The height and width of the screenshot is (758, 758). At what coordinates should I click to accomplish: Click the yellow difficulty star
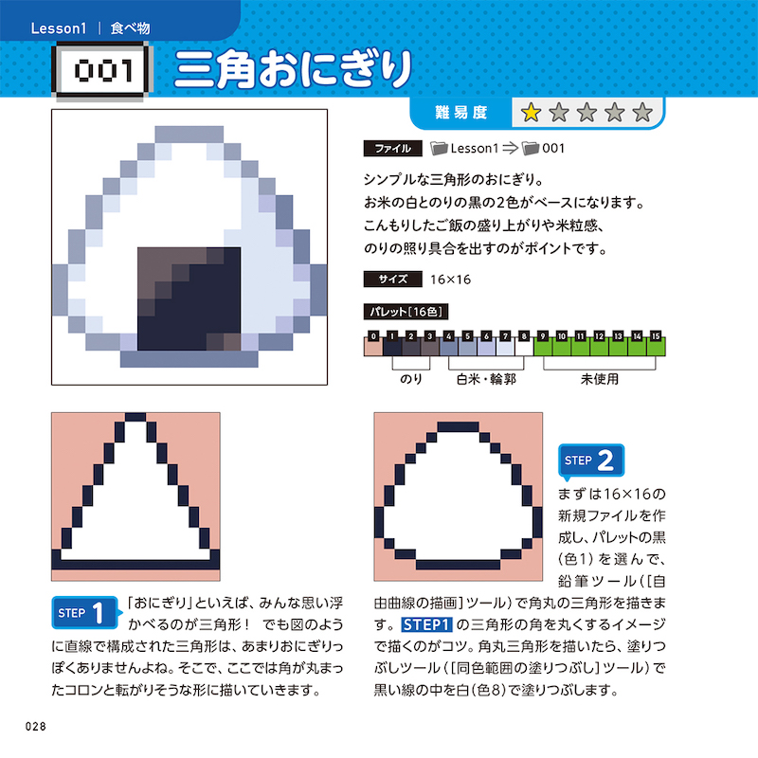tap(531, 113)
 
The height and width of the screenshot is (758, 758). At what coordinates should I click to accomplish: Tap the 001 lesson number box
tap(102, 70)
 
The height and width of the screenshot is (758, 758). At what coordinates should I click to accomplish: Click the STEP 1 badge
tap(86, 612)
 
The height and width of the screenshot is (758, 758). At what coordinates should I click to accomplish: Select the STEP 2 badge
tap(590, 460)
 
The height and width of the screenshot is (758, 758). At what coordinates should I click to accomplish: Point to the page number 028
tap(36, 726)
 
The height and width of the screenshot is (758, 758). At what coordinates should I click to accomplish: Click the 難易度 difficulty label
tap(460, 113)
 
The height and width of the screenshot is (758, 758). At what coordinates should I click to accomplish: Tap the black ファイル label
tap(392, 149)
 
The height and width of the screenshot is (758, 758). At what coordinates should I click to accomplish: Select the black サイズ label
tap(392, 279)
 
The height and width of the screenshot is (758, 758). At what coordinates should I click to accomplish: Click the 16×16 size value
tap(450, 280)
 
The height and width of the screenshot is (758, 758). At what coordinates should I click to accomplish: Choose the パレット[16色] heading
tap(406, 312)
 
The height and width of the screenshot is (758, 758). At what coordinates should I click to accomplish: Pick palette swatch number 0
tap(372, 346)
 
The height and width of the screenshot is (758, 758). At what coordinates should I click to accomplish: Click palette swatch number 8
tap(524, 346)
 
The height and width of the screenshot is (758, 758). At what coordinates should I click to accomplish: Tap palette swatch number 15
tap(656, 346)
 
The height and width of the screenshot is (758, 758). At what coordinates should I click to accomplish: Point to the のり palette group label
tap(411, 379)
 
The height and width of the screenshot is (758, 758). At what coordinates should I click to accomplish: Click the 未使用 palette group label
tap(600, 379)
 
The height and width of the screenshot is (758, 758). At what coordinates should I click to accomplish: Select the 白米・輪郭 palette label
tap(486, 379)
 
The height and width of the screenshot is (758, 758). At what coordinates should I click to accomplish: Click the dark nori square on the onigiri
tap(189, 298)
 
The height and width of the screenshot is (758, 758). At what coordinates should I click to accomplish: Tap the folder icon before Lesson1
tap(439, 149)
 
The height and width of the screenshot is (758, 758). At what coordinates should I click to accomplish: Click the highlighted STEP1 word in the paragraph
tap(426, 624)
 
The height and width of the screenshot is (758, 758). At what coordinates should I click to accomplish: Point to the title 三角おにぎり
tap(294, 69)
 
